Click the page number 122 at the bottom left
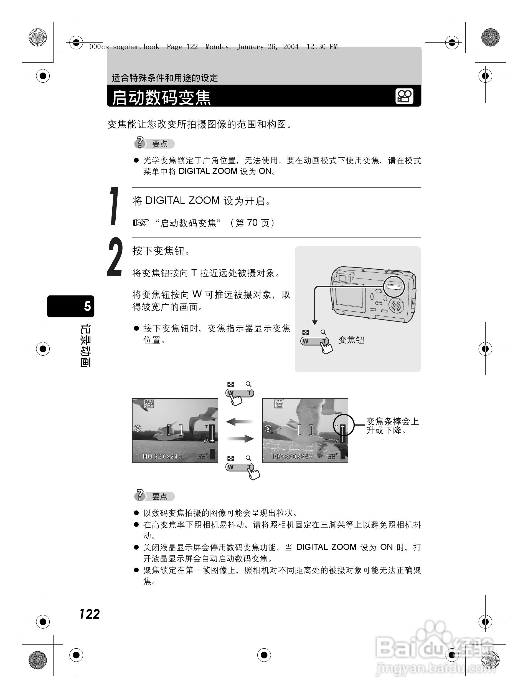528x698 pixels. pyautogui.click(x=90, y=614)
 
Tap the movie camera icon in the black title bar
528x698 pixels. pyautogui.click(x=404, y=96)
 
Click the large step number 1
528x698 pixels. pyautogui.click(x=114, y=206)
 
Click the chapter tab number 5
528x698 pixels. pyautogui.click(x=87, y=306)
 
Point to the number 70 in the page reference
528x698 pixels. pyautogui.click(x=252, y=223)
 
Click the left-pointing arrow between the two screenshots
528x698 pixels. pyautogui.click(x=240, y=422)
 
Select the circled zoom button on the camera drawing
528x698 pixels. pyautogui.click(x=394, y=287)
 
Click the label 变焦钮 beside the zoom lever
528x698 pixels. pyautogui.click(x=351, y=340)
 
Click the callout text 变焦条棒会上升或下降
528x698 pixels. pyautogui.click(x=392, y=426)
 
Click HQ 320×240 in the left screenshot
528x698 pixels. pyautogui.click(x=162, y=457)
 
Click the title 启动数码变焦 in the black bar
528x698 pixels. pyautogui.click(x=161, y=97)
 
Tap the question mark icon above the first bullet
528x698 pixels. pyautogui.click(x=140, y=143)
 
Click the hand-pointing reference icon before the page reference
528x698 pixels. pyautogui.click(x=141, y=223)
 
